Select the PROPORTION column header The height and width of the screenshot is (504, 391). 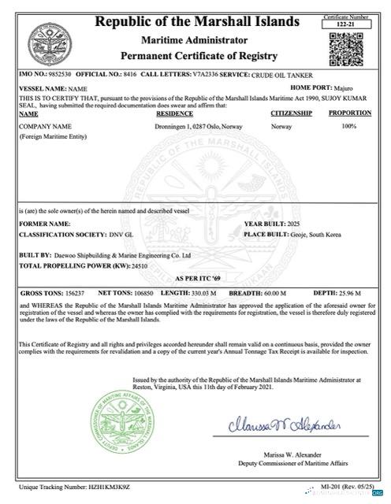[x=349, y=113]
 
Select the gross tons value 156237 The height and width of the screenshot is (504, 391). [x=70, y=293]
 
